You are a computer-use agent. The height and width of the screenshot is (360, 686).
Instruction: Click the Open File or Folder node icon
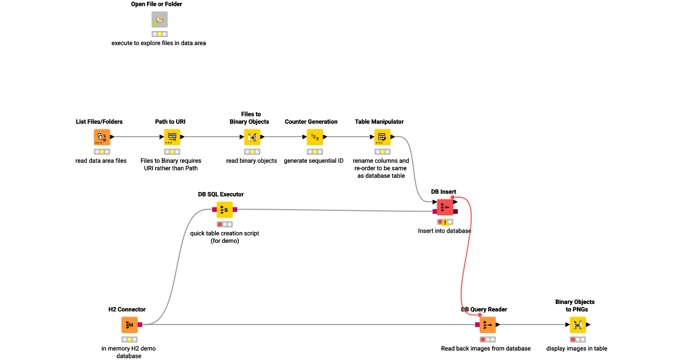159,20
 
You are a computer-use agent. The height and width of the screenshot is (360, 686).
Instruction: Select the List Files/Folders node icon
102,137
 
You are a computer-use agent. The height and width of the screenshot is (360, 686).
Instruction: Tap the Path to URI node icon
172,137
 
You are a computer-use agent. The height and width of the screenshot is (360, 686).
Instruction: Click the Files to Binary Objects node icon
252,137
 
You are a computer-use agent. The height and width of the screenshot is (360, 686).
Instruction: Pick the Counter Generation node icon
314,137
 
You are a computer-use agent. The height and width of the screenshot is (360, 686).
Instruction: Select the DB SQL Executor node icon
225,210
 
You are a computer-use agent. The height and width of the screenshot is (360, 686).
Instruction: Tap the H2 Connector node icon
130,325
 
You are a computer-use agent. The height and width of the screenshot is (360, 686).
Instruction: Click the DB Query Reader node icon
488,325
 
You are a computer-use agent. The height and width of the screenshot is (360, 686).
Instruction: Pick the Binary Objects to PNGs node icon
577,325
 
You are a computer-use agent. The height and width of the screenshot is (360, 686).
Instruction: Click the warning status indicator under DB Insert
445,222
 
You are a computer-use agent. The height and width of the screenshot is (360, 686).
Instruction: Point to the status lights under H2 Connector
130,339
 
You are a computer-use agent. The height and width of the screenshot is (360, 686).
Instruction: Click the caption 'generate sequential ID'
314,161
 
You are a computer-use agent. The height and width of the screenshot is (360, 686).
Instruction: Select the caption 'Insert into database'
444,231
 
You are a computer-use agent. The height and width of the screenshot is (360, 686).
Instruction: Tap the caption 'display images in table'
576,348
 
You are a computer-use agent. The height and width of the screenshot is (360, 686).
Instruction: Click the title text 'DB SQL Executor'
221,194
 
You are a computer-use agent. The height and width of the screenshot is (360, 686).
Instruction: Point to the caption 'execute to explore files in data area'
158,43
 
